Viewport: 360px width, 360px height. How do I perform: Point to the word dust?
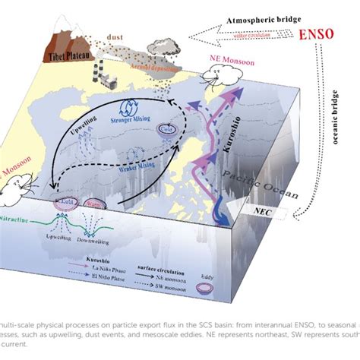(x=118, y=36)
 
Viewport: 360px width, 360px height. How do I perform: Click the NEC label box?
(x=283, y=210)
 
